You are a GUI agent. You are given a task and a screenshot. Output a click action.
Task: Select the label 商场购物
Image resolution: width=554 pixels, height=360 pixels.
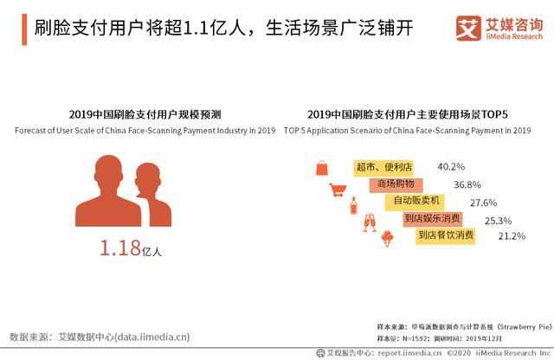(x=396, y=184)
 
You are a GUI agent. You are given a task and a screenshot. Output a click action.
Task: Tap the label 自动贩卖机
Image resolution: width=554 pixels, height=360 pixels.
(x=415, y=202)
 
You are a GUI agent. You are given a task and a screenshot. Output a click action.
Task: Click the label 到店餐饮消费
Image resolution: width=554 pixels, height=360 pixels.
(x=446, y=235)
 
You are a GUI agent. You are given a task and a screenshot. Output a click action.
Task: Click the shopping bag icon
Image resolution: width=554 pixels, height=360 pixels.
(x=322, y=167)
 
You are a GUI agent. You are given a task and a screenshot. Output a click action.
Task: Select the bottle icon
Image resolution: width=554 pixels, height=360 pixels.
(x=353, y=207)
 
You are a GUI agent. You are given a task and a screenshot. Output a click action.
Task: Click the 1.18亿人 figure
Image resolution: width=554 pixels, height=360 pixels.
(x=130, y=250)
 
